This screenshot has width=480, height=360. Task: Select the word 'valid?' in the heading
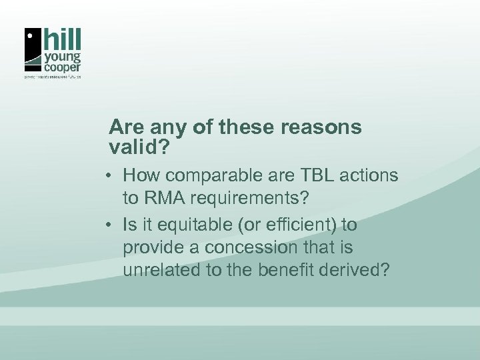click(141, 145)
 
